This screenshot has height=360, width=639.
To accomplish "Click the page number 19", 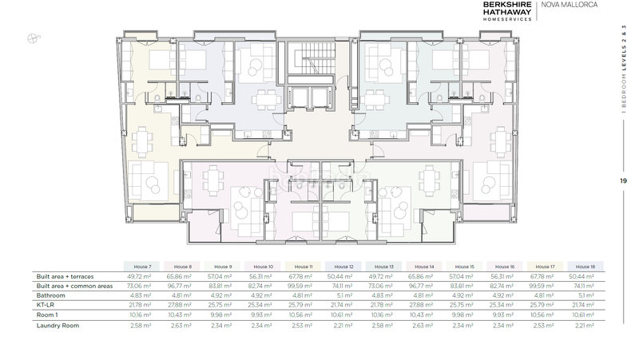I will pyautogui.click(x=622, y=181).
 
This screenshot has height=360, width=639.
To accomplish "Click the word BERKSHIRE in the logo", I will pyautogui.click(x=506, y=4).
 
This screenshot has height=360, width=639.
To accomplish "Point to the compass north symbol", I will pyautogui.click(x=33, y=36).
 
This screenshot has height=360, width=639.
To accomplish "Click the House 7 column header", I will pyautogui.click(x=141, y=267).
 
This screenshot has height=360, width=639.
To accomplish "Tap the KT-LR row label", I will pyautogui.click(x=46, y=305).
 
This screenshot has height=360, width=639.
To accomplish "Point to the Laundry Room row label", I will pyautogui.click(x=58, y=326).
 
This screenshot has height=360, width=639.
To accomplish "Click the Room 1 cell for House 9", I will pyautogui.click(x=221, y=315).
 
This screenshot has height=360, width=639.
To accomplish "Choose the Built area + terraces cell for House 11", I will pyautogui.click(x=302, y=275).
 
